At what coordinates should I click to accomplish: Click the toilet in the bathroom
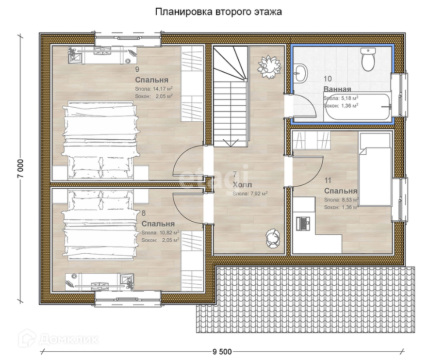[368, 59]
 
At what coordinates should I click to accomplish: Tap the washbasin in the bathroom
[300, 73]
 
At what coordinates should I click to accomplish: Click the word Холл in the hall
[242, 185]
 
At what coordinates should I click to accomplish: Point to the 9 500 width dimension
[222, 352]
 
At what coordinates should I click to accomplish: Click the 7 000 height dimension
[21, 168]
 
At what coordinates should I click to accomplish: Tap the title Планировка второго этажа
[218, 12]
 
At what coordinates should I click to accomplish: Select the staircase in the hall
[231, 97]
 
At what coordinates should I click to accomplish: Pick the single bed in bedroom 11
[375, 169]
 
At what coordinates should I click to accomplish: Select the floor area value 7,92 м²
[258, 194]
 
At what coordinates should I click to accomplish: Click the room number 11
[328, 180]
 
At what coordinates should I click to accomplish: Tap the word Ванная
[337, 89]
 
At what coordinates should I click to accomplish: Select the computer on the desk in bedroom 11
[303, 224]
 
